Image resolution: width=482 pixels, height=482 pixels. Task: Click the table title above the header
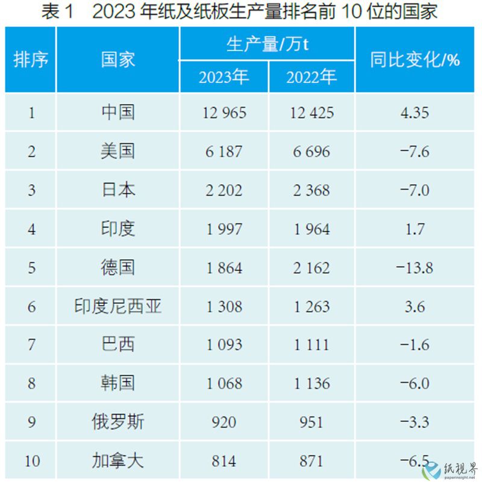pos(240,12)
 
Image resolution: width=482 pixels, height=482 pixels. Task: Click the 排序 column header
pos(31,60)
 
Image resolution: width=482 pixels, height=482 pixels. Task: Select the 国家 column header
pos(117,60)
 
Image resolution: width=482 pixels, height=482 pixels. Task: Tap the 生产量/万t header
pos(267,45)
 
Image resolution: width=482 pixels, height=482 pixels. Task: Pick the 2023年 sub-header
pos(224,77)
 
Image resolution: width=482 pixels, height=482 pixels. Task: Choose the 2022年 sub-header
pos(311,77)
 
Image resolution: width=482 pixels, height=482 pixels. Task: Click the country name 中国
pos(117,113)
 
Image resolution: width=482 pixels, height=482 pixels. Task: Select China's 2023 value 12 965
pos(224,113)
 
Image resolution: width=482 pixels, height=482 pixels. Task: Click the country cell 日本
pos(117,190)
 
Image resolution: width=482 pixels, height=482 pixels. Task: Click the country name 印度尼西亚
pos(117,306)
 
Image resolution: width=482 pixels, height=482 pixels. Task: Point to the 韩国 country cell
pos(117,383)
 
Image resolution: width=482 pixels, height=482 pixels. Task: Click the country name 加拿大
pos(117,462)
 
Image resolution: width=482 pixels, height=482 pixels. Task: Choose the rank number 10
pos(31,462)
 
